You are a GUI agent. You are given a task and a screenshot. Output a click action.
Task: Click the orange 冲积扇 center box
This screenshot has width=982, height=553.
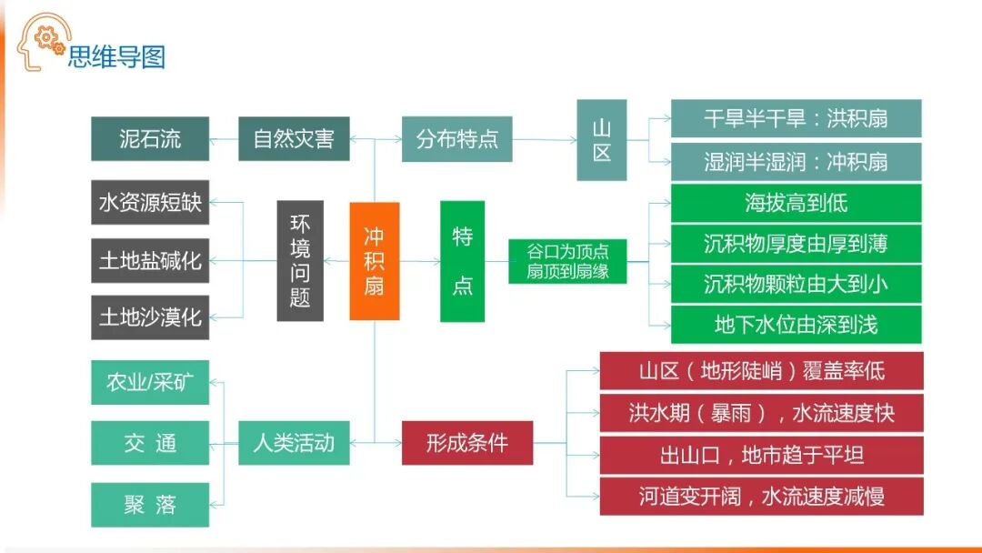click(375, 261)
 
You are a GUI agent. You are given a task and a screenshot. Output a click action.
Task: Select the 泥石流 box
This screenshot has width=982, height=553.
click(150, 139)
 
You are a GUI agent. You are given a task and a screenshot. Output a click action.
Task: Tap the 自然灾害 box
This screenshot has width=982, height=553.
click(294, 139)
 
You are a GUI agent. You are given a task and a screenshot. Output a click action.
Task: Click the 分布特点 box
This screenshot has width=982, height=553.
click(456, 139)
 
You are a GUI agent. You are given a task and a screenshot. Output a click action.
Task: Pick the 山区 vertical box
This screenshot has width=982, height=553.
click(602, 140)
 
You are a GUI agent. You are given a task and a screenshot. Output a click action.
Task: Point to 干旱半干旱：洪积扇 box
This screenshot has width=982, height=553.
click(796, 119)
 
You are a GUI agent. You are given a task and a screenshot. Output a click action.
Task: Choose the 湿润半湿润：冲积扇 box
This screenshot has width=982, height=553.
click(796, 162)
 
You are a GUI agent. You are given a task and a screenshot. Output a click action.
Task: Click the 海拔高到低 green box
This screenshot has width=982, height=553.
click(796, 203)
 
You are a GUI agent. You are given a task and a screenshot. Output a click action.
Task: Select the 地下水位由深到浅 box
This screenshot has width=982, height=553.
click(796, 325)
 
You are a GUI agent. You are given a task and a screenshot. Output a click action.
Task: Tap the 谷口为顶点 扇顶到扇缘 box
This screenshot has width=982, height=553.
click(567, 261)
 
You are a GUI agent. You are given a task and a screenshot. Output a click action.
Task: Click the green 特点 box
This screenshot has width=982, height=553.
click(462, 261)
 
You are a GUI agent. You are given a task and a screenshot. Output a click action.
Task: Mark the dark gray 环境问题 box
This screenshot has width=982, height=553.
click(300, 261)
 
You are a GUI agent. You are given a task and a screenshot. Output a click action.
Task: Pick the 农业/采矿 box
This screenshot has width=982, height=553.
click(150, 382)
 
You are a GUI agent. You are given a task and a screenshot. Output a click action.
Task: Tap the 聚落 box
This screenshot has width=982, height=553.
click(150, 505)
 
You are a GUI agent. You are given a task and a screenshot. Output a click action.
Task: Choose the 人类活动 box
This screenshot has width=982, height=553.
click(294, 443)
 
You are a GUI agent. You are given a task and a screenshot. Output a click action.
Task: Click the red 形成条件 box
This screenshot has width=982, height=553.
click(467, 443)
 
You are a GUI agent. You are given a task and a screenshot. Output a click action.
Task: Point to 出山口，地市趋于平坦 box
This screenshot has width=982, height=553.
click(761, 455)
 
